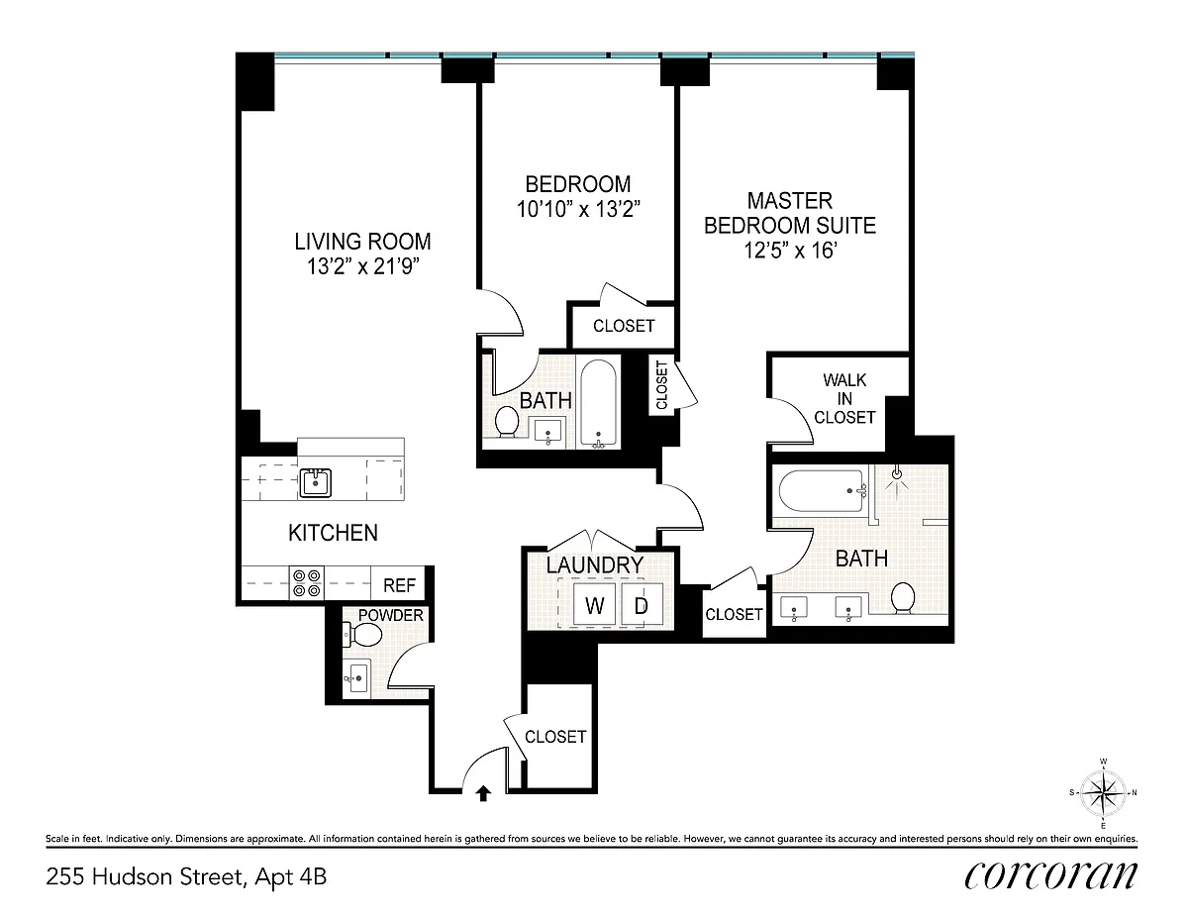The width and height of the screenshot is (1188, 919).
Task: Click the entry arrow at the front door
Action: pyautogui.click(x=483, y=793)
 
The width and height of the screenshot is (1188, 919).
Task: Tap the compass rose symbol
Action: pyautogui.click(x=1103, y=792)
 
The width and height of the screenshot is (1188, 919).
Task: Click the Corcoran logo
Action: pyautogui.click(x=1050, y=875)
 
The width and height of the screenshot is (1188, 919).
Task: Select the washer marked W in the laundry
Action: pyautogui.click(x=595, y=604)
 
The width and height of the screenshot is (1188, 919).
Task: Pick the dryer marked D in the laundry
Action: pyautogui.click(x=642, y=604)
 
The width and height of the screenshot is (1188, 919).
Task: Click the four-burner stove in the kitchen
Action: pyautogui.click(x=306, y=582)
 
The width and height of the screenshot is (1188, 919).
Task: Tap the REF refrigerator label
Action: pyautogui.click(x=399, y=585)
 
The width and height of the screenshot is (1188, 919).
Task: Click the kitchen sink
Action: pyautogui.click(x=316, y=482)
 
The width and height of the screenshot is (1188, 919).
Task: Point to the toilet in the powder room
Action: pyautogui.click(x=362, y=635)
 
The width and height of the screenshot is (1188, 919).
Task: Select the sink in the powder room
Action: pyautogui.click(x=358, y=677)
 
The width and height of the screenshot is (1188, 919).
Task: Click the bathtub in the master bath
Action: pyautogui.click(x=822, y=491)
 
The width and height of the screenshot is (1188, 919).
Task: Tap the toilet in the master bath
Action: pyautogui.click(x=903, y=597)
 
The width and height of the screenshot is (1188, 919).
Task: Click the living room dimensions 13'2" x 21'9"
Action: pyautogui.click(x=362, y=266)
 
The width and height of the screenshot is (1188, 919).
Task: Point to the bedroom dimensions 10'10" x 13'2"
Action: pyautogui.click(x=578, y=209)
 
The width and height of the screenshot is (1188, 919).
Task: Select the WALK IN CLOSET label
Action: pyautogui.click(x=844, y=398)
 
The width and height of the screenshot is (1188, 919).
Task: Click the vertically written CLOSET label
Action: pyautogui.click(x=661, y=384)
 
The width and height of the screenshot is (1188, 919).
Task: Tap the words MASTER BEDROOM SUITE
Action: pyautogui.click(x=789, y=213)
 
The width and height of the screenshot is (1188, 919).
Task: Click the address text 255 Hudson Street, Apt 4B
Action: pyautogui.click(x=186, y=876)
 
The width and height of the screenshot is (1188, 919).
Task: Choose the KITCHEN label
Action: pyautogui.click(x=333, y=533)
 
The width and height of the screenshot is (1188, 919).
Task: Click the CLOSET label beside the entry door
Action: pyautogui.click(x=555, y=737)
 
